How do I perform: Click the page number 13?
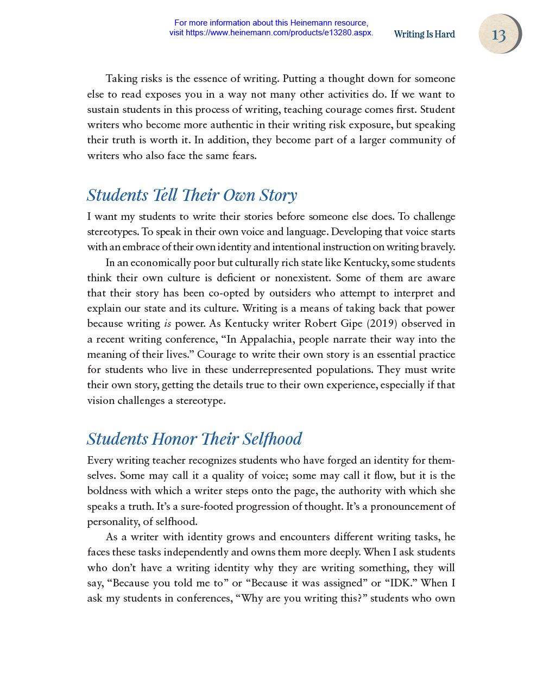[498, 35]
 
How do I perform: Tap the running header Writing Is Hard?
[424, 34]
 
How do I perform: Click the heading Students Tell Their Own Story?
[192, 195]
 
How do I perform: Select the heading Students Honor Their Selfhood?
[194, 439]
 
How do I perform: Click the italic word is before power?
[167, 324]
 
